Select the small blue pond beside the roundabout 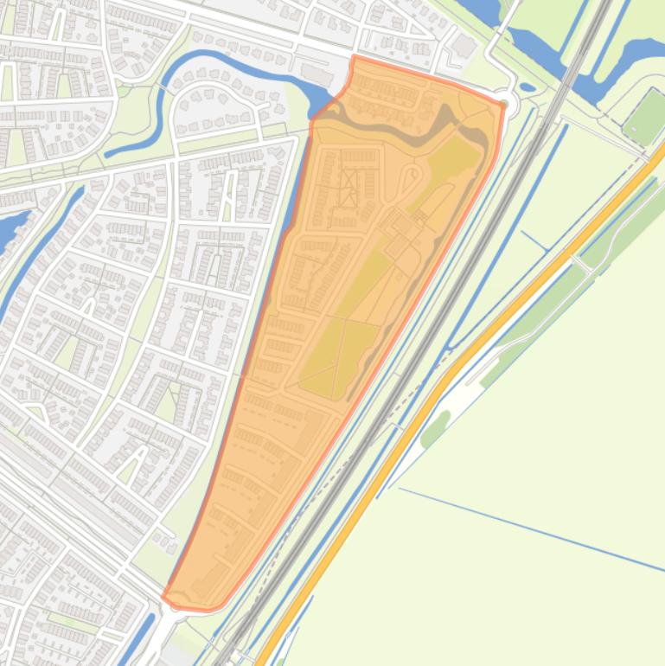(x=528, y=86)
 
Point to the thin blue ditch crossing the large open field (x=528, y=528)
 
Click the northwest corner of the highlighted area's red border (x=354, y=58)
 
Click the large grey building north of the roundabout (x=466, y=45)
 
